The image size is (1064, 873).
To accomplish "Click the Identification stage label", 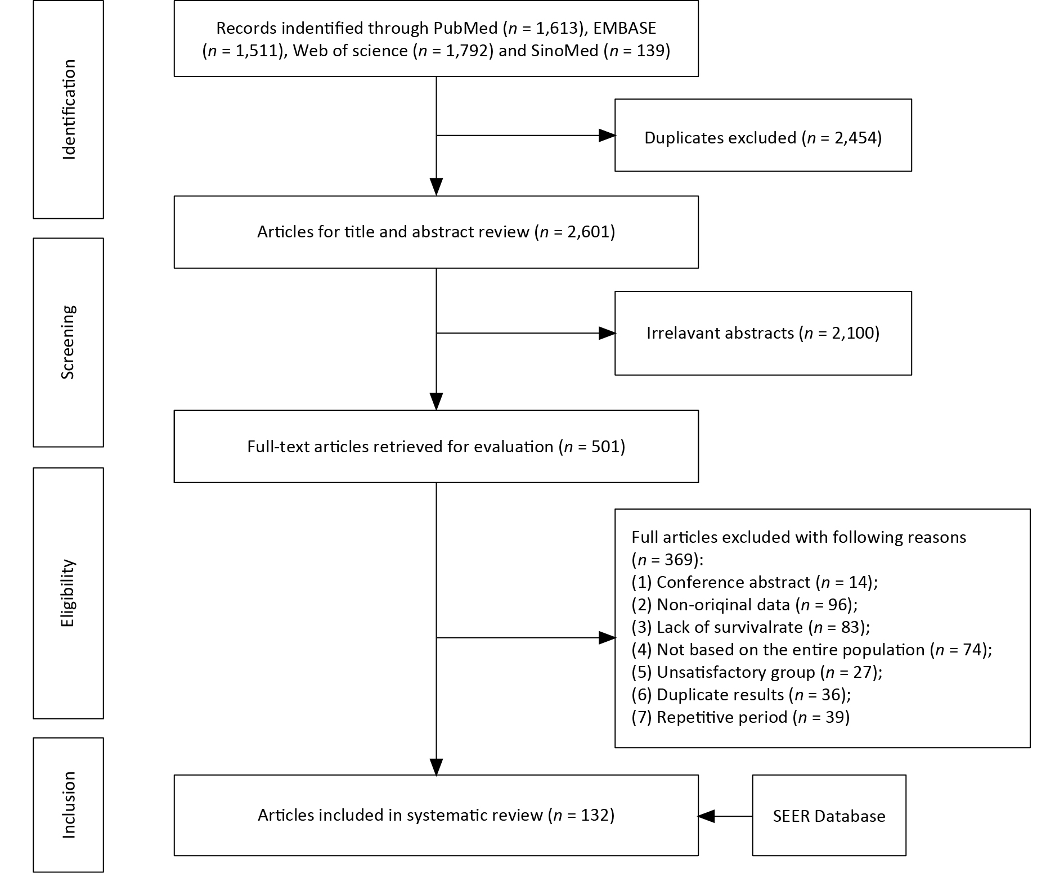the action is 69,110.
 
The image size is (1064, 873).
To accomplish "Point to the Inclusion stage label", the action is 69,805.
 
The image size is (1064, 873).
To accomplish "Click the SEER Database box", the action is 829,815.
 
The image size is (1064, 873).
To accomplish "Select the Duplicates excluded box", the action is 763,136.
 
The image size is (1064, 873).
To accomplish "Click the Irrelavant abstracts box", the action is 763,333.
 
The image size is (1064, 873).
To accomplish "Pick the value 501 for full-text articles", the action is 605,447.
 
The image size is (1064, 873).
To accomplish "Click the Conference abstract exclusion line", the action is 755,582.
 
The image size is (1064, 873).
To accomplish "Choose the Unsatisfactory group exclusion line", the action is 757,672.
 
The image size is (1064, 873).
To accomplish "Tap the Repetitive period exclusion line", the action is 740,717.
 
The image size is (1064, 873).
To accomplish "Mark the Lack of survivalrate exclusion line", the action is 751,627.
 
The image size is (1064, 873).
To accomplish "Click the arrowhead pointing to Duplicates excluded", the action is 607,136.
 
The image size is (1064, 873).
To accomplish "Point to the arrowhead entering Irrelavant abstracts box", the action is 607,334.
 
